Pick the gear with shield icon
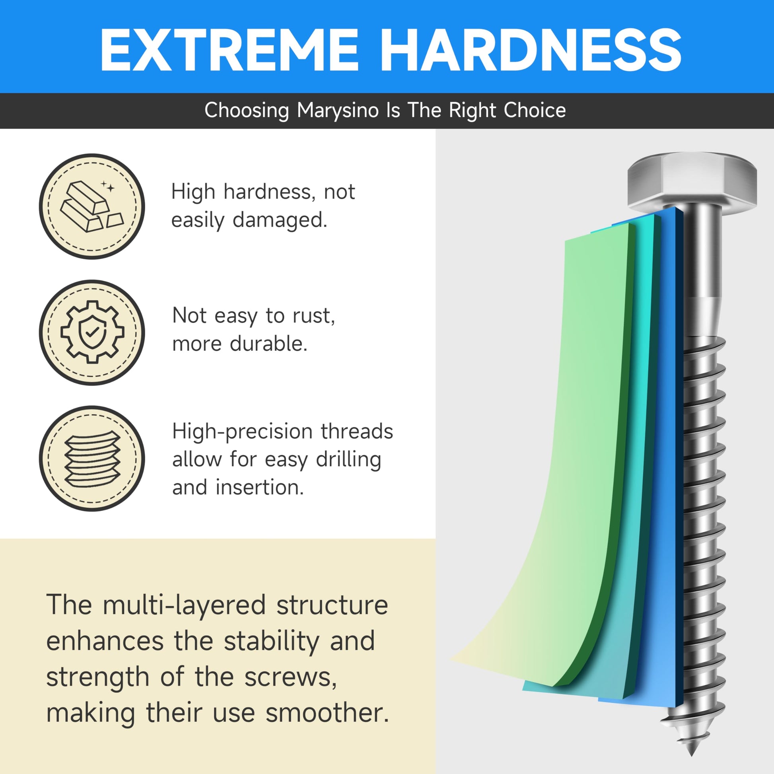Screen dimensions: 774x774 tap(92, 332)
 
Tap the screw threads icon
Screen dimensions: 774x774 tap(92, 458)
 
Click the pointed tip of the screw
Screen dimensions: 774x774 tap(692, 756)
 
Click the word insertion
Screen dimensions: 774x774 tap(260, 487)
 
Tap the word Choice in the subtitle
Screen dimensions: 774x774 tap(535, 110)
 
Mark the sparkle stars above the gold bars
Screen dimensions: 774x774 tap(107, 186)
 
